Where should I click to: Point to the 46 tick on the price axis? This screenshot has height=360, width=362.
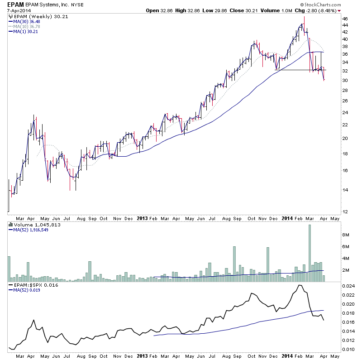pyautogui.click(x=345, y=19)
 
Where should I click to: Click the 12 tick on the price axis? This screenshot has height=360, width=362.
pyautogui.click(x=345, y=211)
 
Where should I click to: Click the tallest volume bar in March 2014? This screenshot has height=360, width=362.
pyautogui.click(x=310, y=253)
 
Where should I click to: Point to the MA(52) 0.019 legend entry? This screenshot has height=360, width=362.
pyautogui.click(x=25, y=291)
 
